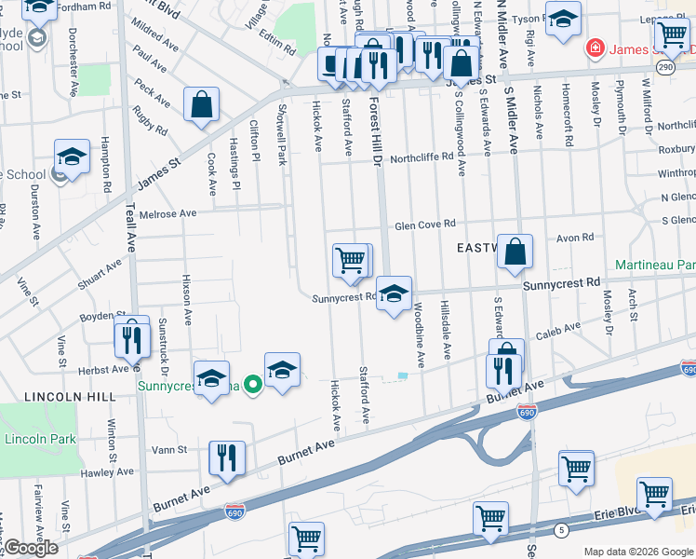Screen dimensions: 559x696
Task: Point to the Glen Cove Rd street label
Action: [x=424, y=225]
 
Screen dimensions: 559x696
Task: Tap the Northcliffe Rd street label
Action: [x=421, y=158]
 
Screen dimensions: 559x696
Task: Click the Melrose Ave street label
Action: [x=167, y=213]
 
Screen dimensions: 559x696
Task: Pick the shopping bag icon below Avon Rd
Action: [x=515, y=252]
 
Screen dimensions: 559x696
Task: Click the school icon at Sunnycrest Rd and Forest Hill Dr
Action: [x=395, y=295]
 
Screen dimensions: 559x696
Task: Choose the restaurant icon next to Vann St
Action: [x=227, y=458]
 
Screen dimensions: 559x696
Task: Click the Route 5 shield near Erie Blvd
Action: [x=560, y=530]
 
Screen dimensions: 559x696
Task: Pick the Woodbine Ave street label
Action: [x=420, y=333]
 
